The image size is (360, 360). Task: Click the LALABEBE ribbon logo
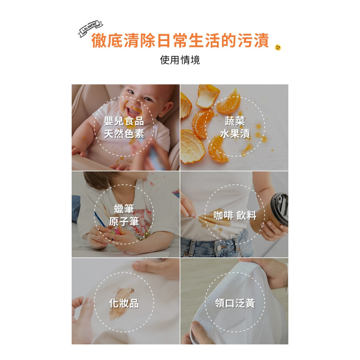click(91, 29)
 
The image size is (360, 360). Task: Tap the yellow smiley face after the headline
click(278, 48)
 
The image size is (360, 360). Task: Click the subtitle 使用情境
click(180, 60)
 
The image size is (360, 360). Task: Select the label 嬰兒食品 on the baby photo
click(124, 121)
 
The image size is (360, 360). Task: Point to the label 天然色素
click(124, 134)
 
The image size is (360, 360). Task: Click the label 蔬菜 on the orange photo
click(235, 121)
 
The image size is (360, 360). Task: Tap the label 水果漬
click(235, 134)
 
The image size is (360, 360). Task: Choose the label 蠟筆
click(124, 208)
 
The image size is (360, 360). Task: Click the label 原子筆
click(124, 221)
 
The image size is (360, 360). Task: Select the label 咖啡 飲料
click(235, 215)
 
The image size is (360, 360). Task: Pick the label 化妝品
click(124, 303)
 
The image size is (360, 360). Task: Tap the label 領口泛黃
click(235, 303)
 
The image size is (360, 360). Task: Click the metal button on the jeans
click(219, 249)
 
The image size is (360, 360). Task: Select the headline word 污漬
click(253, 41)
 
